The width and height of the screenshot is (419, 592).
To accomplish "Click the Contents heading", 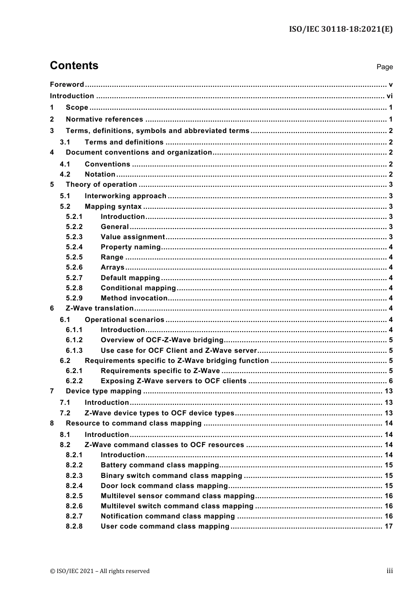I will (x=74, y=66).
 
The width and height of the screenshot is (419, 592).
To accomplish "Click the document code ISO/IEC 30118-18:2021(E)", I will (x=340, y=29).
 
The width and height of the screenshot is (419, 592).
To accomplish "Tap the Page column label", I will (x=384, y=67).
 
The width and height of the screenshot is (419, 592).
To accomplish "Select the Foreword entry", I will (x=67, y=85).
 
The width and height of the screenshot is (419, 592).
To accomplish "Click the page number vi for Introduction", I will (x=389, y=96).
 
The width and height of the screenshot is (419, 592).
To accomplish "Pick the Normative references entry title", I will (x=104, y=119).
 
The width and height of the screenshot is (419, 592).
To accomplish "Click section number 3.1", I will (x=65, y=142).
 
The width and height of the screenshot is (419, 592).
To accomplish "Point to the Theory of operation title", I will (x=101, y=185).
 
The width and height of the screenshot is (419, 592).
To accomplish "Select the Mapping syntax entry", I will (x=113, y=207).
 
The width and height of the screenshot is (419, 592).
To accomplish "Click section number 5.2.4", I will (x=74, y=247).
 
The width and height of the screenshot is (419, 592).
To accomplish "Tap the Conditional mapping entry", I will (x=138, y=288).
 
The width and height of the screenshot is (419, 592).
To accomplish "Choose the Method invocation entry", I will (x=134, y=298).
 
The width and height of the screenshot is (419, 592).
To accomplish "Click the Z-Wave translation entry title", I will (x=99, y=308).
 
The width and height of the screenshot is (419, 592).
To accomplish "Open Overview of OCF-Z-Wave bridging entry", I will (x=162, y=340).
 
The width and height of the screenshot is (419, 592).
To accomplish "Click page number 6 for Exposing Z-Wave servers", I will (x=390, y=381).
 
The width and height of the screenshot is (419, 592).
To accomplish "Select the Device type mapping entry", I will (x=103, y=391).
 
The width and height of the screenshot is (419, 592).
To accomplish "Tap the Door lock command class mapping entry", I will (x=164, y=486).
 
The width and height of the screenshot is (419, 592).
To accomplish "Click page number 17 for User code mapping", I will (x=388, y=526).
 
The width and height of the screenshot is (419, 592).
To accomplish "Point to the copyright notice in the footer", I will (x=100, y=571).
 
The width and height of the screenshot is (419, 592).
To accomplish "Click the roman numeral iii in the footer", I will (x=389, y=571).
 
